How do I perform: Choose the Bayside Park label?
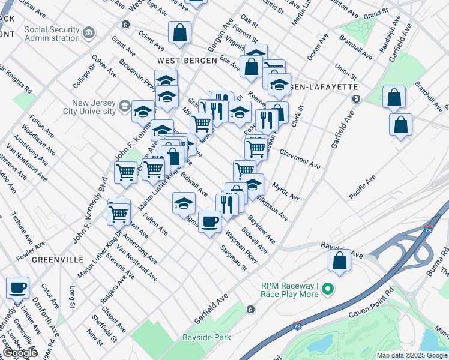207,337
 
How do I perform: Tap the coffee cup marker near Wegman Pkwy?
209,222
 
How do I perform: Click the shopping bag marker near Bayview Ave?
339,260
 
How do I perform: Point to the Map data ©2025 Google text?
412,355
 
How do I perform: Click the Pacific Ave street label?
363,187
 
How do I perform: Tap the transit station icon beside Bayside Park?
250,310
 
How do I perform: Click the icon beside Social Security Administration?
89,31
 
